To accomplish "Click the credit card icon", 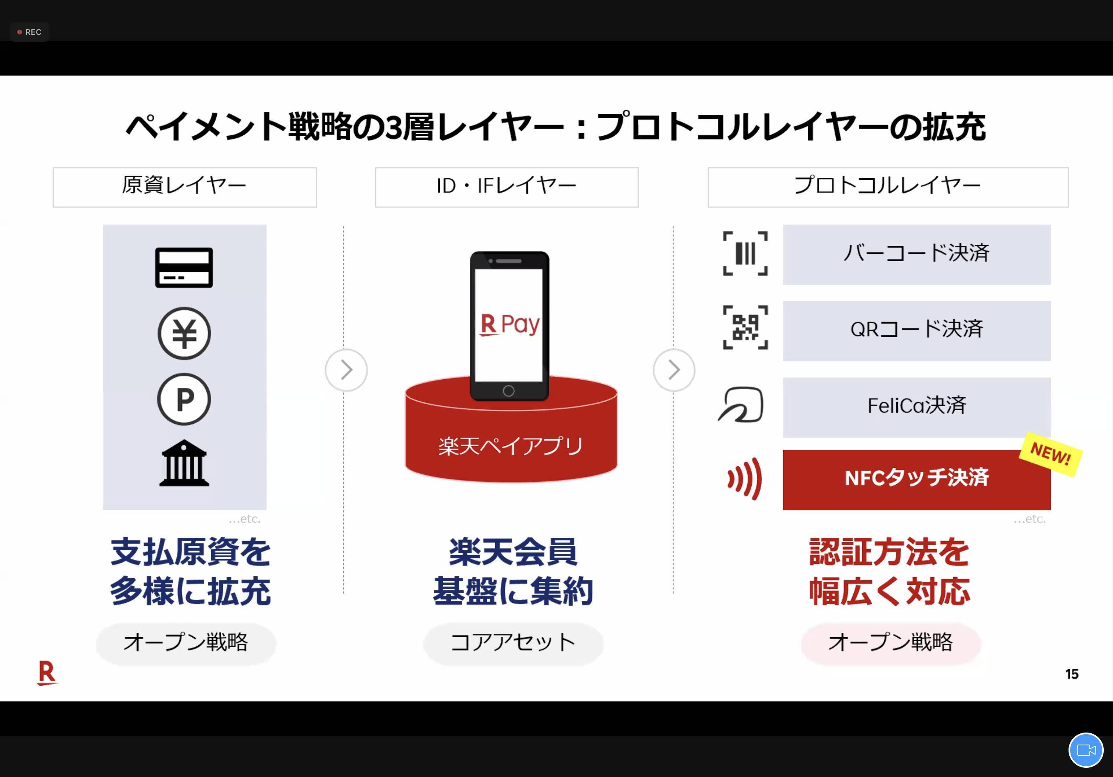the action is (184, 268).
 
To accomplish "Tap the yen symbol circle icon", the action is (184, 334).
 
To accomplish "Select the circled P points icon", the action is (184, 399).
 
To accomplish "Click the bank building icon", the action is (184, 463).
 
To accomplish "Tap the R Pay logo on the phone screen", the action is (510, 325).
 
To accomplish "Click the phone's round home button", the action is (508, 391).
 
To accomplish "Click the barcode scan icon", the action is (745, 254).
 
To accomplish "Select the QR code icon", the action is (745, 327).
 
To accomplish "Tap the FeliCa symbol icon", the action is (741, 404).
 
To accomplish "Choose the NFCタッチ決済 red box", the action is (917, 479).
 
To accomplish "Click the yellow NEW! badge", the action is (1050, 454).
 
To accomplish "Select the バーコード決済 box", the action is (917, 254).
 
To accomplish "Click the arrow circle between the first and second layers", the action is (346, 370).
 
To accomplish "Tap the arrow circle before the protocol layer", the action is (674, 370).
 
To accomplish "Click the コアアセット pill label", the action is (513, 643).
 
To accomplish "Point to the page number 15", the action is (1072, 674).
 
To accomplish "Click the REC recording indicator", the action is (29, 32).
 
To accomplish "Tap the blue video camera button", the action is (1086, 750).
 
